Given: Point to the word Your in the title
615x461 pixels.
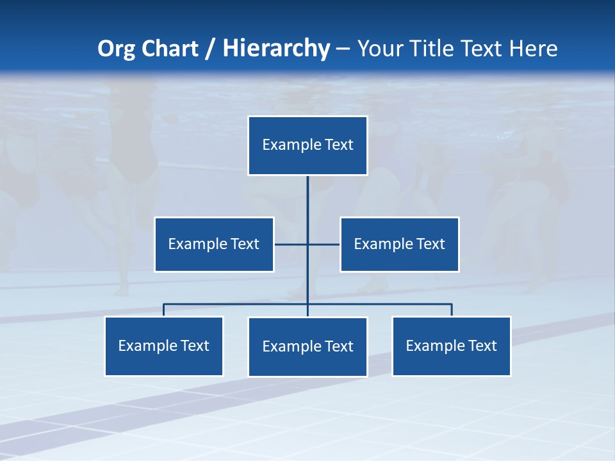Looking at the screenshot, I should click(382, 49).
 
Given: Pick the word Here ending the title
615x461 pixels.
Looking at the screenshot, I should click(533, 49).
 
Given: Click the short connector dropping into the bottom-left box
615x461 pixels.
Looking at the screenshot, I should click(164, 310).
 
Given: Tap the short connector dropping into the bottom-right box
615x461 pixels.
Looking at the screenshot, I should click(452, 310).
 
